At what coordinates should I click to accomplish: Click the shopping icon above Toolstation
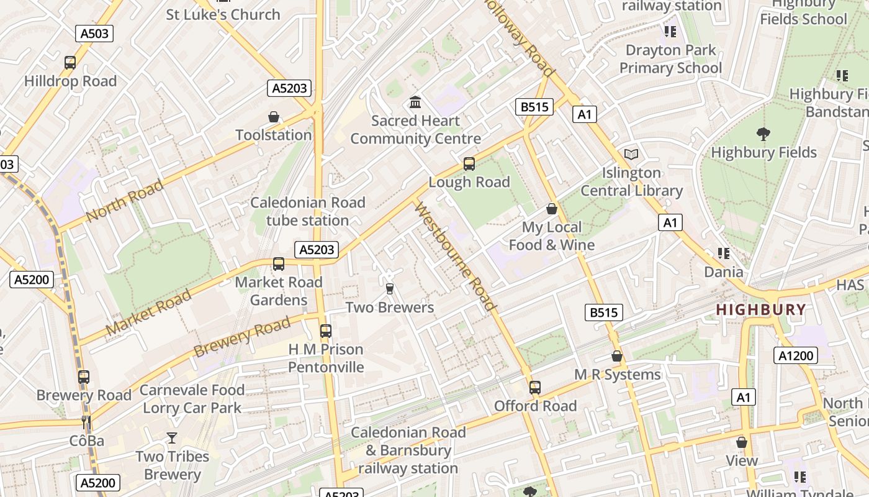pos(274,117)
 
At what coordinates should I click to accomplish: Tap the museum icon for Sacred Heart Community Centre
pos(415,102)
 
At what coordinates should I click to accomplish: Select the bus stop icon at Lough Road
pos(469,164)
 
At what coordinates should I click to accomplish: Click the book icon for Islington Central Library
pos(631,154)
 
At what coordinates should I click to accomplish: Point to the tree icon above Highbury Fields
pos(763,134)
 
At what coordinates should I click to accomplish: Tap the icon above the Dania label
pos(723,253)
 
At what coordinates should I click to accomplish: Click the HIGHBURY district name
pos(761,309)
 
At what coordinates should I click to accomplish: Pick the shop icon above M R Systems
pos(617,356)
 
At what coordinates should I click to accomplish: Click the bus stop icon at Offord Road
pos(535,388)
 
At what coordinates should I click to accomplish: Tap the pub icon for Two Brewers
pos(390,289)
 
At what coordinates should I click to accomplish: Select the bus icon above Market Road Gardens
pos(279,264)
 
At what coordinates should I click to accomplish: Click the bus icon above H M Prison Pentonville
pos(326,331)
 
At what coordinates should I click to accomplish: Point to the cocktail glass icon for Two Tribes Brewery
pos(172,438)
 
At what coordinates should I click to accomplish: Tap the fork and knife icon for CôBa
pos(86,423)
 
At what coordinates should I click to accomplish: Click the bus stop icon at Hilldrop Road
pos(70,63)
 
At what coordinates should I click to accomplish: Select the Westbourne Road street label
pos(455,256)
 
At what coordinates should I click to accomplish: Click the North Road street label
pos(125,200)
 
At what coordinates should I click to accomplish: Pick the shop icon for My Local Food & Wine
pos(552,209)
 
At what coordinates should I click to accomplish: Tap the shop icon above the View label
pos(742,442)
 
